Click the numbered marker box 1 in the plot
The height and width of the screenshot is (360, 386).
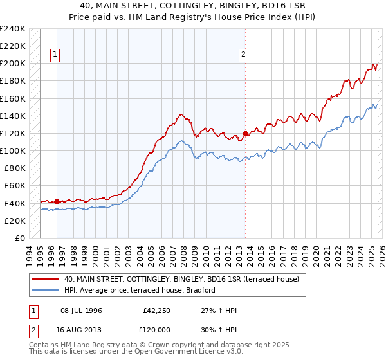(56, 55)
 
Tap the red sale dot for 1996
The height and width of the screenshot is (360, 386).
(57, 201)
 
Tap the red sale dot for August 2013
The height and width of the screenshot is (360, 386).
(245, 134)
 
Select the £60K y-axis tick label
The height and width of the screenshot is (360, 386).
(15, 186)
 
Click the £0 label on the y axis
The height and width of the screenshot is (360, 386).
(21, 238)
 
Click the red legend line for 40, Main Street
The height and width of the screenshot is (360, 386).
(46, 279)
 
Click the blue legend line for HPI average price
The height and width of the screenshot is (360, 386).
(46, 290)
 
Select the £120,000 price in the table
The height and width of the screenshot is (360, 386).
(158, 329)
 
